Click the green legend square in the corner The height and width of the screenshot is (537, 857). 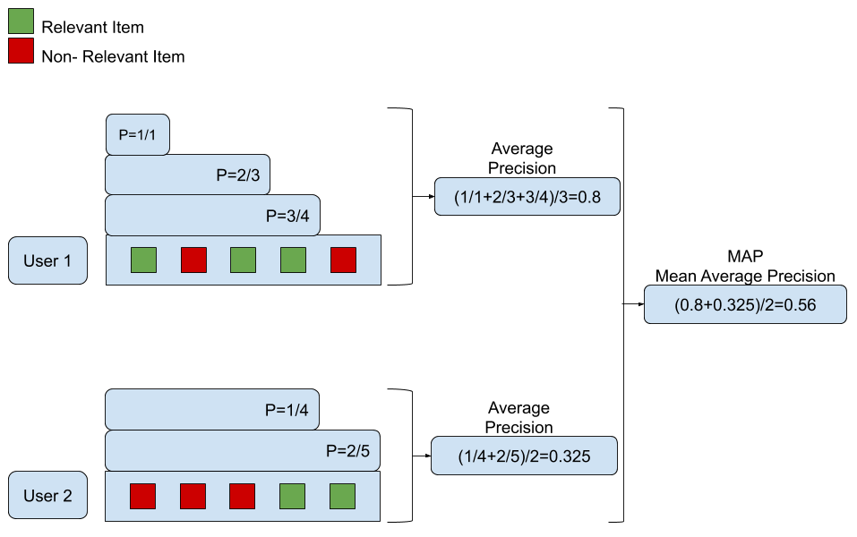pyautogui.click(x=21, y=21)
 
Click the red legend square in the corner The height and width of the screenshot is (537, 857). pyautogui.click(x=21, y=51)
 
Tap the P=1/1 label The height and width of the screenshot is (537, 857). pyautogui.click(x=137, y=135)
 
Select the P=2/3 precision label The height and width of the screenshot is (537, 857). pyautogui.click(x=237, y=175)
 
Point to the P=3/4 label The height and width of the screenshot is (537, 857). pyautogui.click(x=287, y=216)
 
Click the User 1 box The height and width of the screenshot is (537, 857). pyautogui.click(x=47, y=260)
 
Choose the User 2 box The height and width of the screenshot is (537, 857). pyautogui.click(x=47, y=495)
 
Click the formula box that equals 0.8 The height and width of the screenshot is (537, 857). pyautogui.click(x=527, y=197)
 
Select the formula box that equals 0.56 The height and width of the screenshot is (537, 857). pyautogui.click(x=745, y=304)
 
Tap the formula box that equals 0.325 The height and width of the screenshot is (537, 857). pyautogui.click(x=524, y=456)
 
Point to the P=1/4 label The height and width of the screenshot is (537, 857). pyautogui.click(x=287, y=410)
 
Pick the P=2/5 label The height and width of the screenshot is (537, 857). pyautogui.click(x=347, y=451)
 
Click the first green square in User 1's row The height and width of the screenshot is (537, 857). pyautogui.click(x=143, y=260)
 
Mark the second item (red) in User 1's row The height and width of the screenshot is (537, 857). pyautogui.click(x=193, y=260)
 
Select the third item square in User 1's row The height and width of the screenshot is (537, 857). pyautogui.click(x=243, y=260)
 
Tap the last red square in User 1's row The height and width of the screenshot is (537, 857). pyautogui.click(x=343, y=260)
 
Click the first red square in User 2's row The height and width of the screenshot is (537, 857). pyautogui.click(x=143, y=496)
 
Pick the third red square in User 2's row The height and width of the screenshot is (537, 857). pyautogui.click(x=243, y=496)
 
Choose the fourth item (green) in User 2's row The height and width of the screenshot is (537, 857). pyautogui.click(x=292, y=496)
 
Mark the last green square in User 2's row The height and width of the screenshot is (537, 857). pyautogui.click(x=342, y=496)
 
